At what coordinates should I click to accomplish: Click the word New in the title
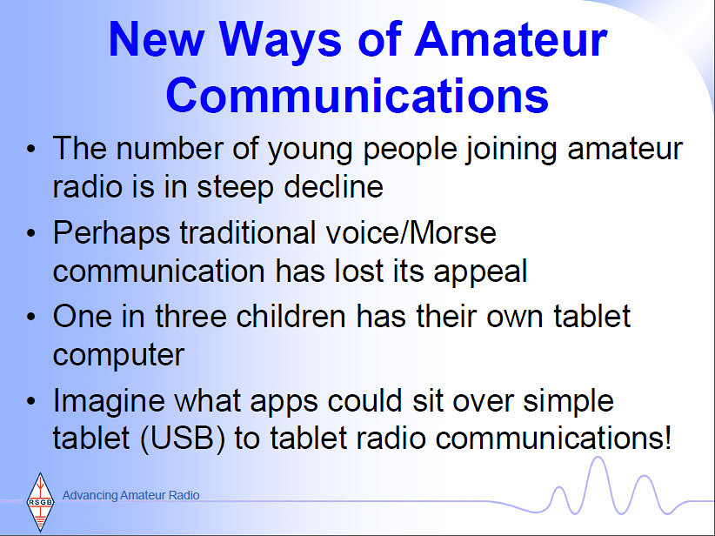[x=156, y=39]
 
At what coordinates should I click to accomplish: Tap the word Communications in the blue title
[x=357, y=96]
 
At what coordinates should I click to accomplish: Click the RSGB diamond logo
[x=40, y=502]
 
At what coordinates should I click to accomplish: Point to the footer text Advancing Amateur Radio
[x=130, y=495]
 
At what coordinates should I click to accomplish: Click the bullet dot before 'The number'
[x=30, y=149]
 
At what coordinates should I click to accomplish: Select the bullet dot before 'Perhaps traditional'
[x=30, y=232]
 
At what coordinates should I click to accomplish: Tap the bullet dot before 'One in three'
[x=30, y=317]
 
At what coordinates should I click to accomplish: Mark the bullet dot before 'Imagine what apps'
[x=30, y=400]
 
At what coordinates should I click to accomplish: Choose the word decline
[x=334, y=186]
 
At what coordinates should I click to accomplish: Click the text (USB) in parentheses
[x=183, y=439]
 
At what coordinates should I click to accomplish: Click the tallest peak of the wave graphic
[x=597, y=458]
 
